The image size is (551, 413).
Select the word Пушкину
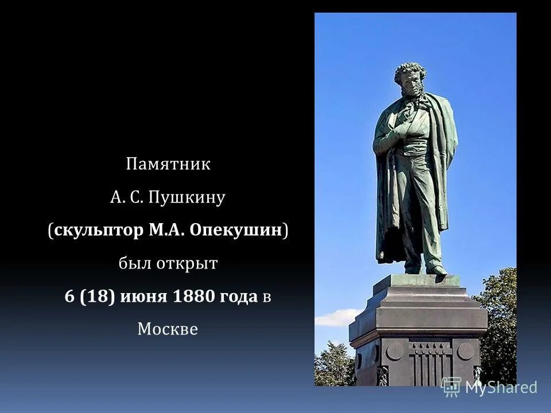(x=187, y=198)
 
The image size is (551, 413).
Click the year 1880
(x=192, y=297)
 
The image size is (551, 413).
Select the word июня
(x=143, y=297)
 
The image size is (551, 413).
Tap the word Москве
(x=168, y=329)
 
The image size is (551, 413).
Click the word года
(x=236, y=297)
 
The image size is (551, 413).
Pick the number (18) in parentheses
(x=100, y=297)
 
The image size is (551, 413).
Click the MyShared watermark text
(x=500, y=387)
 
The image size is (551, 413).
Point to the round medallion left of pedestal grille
(x=395, y=350)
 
